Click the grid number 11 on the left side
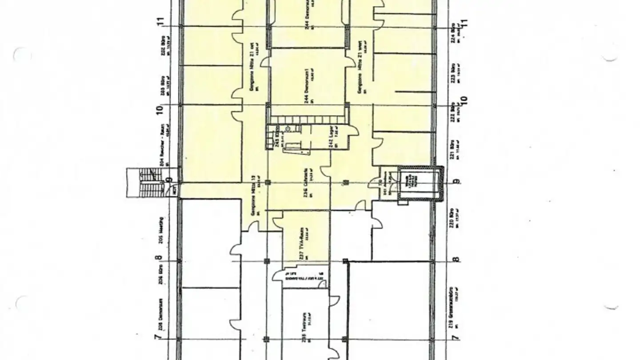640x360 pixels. pyautogui.click(x=160, y=21)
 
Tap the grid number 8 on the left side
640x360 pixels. pyautogui.click(x=160, y=258)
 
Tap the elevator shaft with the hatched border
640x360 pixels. pyautogui.click(x=420, y=183)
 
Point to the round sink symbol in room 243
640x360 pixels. pyautogui.click(x=288, y=129)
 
